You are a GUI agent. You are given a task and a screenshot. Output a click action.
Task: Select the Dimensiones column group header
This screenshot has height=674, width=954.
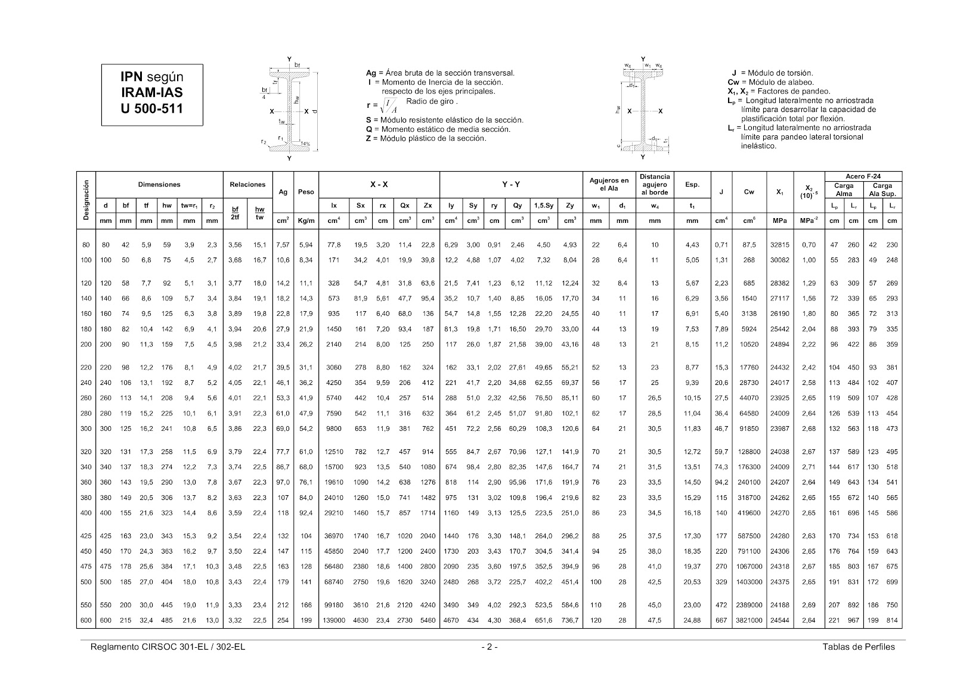pyautogui.click(x=159, y=185)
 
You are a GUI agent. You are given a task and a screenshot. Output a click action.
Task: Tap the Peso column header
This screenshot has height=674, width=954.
pyautogui.click(x=305, y=192)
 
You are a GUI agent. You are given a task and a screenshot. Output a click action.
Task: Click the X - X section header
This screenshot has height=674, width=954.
pyautogui.click(x=379, y=185)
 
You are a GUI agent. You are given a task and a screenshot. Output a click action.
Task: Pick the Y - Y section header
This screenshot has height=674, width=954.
pyautogui.click(x=510, y=185)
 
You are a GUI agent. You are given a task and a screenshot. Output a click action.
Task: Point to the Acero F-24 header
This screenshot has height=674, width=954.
pyautogui.click(x=863, y=176)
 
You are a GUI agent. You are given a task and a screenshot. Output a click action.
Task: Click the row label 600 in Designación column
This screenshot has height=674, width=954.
pyautogui.click(x=86, y=620)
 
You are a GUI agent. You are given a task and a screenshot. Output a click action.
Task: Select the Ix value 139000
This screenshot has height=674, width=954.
pyautogui.click(x=334, y=620)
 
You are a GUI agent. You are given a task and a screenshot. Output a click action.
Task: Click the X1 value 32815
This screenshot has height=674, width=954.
pyautogui.click(x=780, y=245)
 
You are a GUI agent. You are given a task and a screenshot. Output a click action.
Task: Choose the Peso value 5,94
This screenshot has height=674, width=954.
pyautogui.click(x=305, y=245)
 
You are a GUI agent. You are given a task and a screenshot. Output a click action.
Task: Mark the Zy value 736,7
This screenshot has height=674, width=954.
pyautogui.click(x=570, y=620)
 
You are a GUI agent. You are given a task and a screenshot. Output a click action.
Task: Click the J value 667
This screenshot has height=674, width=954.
pyautogui.click(x=721, y=620)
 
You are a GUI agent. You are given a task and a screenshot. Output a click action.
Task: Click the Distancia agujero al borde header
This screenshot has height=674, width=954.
pyautogui.click(x=654, y=185)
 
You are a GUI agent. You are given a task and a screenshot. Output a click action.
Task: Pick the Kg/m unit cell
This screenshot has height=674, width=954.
pyautogui.click(x=305, y=220)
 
